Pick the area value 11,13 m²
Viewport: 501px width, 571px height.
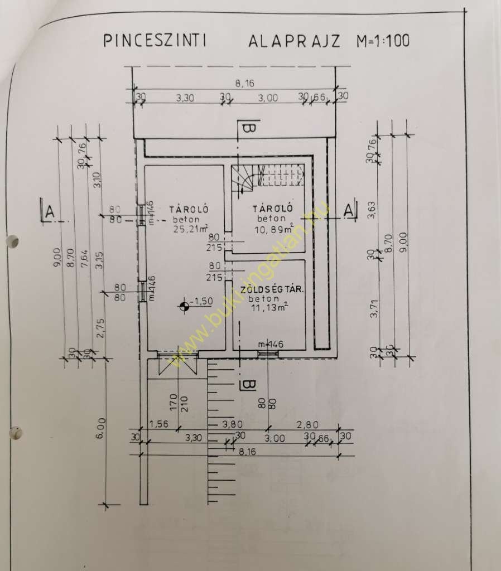pos(270,307)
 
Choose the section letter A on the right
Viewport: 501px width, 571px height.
pos(349,211)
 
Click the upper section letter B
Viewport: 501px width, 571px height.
pos(248,129)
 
